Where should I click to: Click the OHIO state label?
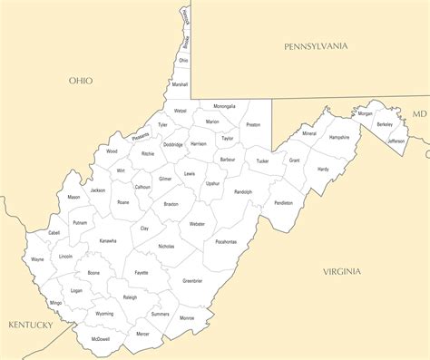(x=81, y=81)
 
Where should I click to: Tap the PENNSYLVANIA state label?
(x=316, y=45)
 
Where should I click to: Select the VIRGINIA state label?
(x=341, y=271)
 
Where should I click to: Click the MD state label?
(x=418, y=114)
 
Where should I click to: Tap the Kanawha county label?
(x=108, y=241)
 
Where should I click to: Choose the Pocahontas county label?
(x=226, y=242)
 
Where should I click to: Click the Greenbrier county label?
(x=192, y=281)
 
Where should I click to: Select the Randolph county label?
(x=243, y=192)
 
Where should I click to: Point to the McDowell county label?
(x=101, y=339)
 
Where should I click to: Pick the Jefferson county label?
(x=396, y=141)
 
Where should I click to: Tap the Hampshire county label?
(x=339, y=137)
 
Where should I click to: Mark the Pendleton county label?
(x=283, y=203)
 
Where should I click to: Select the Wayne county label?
(x=37, y=259)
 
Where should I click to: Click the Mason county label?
(x=73, y=197)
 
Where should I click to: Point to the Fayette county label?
(x=142, y=273)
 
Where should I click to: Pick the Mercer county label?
(x=142, y=334)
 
